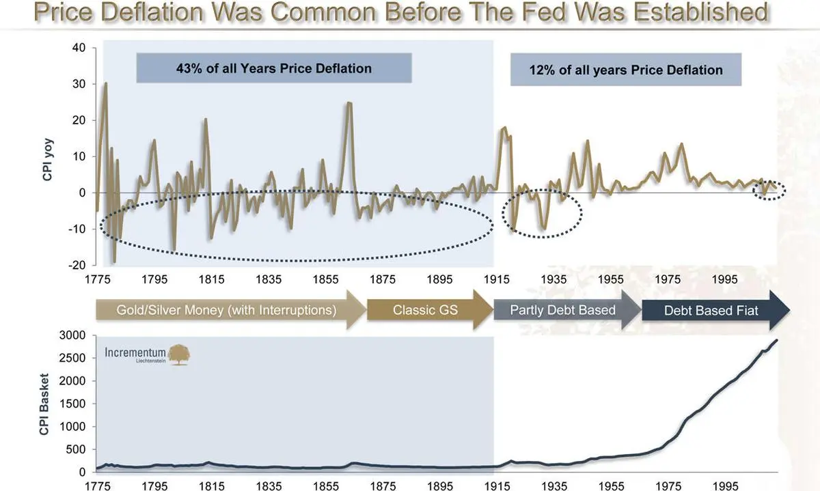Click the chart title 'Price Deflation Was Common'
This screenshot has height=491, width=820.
(x=400, y=13)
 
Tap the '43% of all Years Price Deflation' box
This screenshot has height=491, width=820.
(x=274, y=68)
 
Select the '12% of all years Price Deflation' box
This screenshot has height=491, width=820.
(x=625, y=70)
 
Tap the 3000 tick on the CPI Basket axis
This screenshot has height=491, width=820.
(x=72, y=335)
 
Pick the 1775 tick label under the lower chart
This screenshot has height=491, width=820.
(x=98, y=486)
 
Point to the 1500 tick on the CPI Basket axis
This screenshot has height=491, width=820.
(x=72, y=404)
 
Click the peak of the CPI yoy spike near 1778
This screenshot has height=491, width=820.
(x=106, y=83)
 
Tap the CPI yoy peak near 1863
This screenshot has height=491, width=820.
(x=349, y=103)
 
